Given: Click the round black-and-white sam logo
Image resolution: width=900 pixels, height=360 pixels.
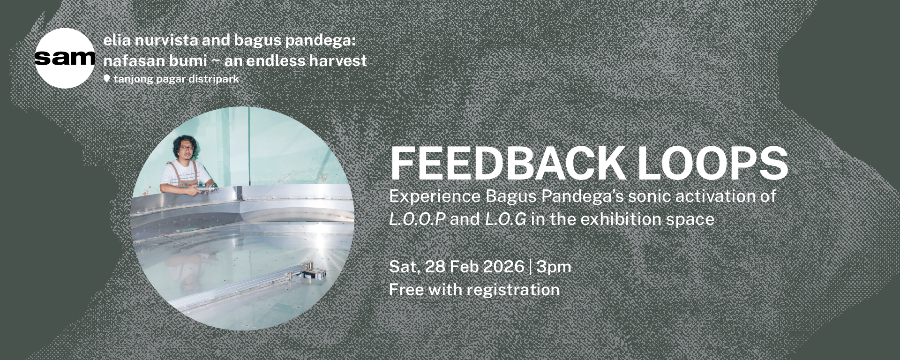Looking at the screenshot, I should click(65, 58).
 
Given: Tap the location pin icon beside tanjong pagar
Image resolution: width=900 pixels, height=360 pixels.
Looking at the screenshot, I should click(107, 79).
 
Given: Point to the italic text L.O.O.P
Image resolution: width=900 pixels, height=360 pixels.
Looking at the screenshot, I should click(417, 219).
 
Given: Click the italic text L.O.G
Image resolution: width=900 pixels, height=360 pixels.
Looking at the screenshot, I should click(505, 219).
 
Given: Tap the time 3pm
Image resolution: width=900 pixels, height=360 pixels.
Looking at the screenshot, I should click(554, 267).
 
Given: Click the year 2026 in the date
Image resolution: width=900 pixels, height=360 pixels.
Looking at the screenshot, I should click(503, 267).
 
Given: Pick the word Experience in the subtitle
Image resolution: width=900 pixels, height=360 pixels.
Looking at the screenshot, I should click(435, 196).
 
